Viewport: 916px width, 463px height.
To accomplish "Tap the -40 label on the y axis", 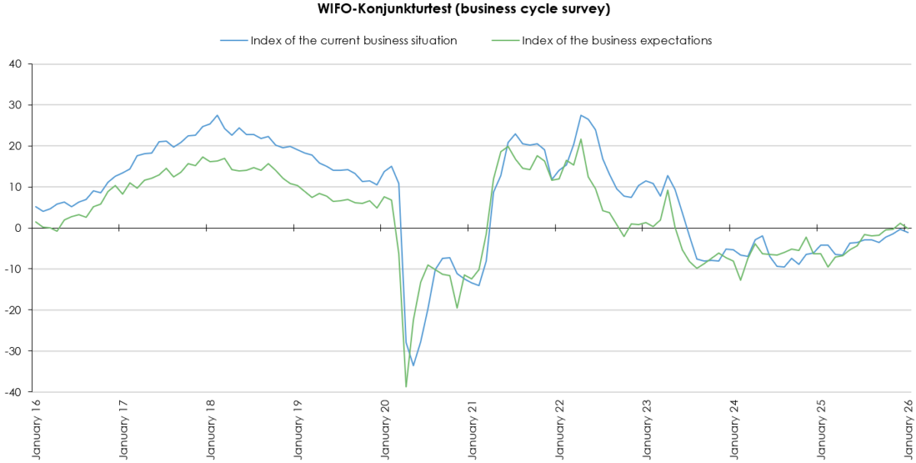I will tap(15, 392).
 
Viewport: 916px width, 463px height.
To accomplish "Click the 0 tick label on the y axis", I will tap(20, 228).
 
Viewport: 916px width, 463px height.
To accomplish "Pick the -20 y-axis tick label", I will tap(15, 310).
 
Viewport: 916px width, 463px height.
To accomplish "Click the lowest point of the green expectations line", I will tap(406, 387).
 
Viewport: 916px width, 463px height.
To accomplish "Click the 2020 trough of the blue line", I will tap(413, 365).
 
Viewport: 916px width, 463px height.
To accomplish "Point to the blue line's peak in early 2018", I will tap(217, 115).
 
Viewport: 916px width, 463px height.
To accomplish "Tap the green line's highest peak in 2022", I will tap(581, 139).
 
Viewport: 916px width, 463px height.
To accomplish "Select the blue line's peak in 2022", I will tap(581, 115).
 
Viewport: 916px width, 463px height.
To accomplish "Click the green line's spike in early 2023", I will tap(668, 190).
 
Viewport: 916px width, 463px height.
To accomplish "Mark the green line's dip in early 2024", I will tap(740, 280).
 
